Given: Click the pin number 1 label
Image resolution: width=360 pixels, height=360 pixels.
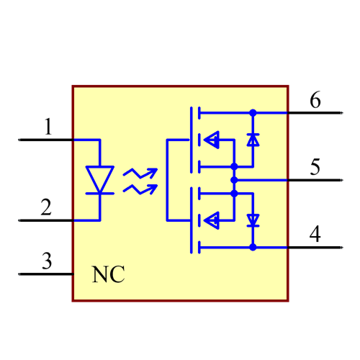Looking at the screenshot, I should tap(48, 128).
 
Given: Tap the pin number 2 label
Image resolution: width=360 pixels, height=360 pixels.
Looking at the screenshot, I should tap(46, 208).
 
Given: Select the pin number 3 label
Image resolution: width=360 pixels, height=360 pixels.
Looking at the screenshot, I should tap(46, 261).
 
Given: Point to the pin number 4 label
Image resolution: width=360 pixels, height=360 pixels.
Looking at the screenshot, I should tap(315, 234).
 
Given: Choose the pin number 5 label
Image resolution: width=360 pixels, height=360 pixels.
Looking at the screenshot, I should tap(315, 167).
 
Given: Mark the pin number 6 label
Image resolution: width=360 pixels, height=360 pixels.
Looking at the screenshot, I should tap(315, 100).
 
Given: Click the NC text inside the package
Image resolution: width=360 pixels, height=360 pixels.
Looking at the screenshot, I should tap(108, 274).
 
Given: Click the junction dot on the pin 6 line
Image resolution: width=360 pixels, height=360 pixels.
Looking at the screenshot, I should tap(253, 113).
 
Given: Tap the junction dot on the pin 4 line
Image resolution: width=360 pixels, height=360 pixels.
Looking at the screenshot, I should tap(253, 247).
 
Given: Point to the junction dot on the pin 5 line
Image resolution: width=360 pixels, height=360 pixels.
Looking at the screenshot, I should tap(234, 179).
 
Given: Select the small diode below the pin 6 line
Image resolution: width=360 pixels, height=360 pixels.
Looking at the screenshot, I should tap(253, 140).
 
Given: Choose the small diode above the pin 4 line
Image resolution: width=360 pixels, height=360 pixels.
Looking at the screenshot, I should tap(253, 220).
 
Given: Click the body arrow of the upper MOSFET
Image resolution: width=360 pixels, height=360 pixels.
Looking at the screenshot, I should tap(212, 140).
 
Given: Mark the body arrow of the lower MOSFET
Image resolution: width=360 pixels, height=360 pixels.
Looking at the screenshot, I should tap(212, 219).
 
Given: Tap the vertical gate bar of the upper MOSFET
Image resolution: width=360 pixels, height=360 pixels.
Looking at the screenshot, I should tap(191, 140).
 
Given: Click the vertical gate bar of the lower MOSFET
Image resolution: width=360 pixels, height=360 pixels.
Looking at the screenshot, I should tap(191, 220).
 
